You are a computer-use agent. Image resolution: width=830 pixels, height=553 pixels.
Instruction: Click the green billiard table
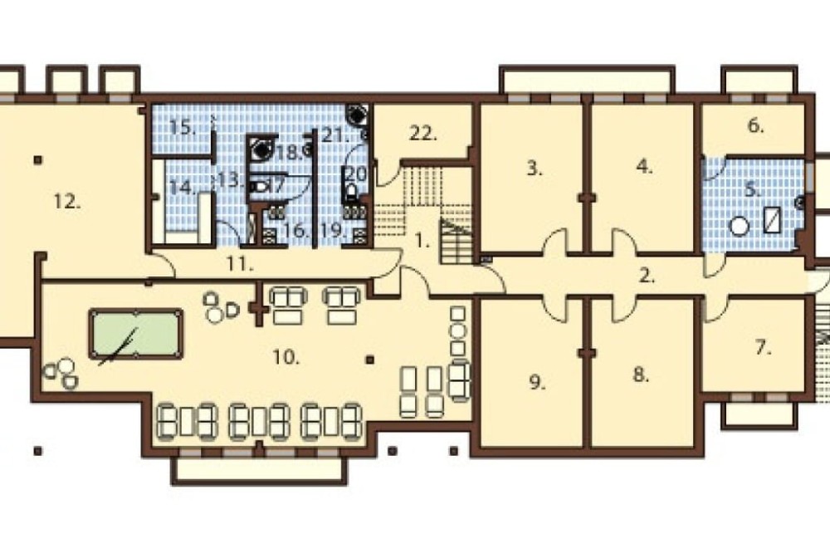pyautogui.click(x=136, y=334)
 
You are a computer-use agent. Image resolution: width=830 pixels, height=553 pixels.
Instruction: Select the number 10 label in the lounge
pyautogui.click(x=286, y=358)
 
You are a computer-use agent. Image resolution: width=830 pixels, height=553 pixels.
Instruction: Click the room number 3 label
pyautogui.click(x=535, y=169)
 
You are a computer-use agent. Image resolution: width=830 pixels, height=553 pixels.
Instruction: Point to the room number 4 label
pyautogui.click(x=644, y=167)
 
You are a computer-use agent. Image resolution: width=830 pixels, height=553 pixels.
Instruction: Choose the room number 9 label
pyautogui.click(x=537, y=383)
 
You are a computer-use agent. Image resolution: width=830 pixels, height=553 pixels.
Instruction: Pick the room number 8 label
pyautogui.click(x=641, y=375)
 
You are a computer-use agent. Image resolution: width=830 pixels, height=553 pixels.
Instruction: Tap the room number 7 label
pyautogui.click(x=763, y=348)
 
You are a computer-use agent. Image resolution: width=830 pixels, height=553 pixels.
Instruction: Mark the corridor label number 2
pyautogui.click(x=647, y=276)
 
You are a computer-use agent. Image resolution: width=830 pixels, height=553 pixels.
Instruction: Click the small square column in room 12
pyautogui.click(x=38, y=159)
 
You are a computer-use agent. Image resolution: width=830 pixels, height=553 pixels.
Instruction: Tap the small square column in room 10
pyautogui.click(x=370, y=360)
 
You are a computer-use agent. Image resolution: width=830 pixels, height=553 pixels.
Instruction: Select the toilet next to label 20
pyautogui.click(x=351, y=192)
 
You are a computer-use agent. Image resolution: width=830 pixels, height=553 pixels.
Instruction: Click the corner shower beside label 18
pyautogui.click(x=261, y=149)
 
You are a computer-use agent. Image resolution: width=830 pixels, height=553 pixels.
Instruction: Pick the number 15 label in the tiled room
pyautogui.click(x=183, y=128)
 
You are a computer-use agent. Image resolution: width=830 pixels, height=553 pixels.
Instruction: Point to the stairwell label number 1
pyautogui.click(x=422, y=242)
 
